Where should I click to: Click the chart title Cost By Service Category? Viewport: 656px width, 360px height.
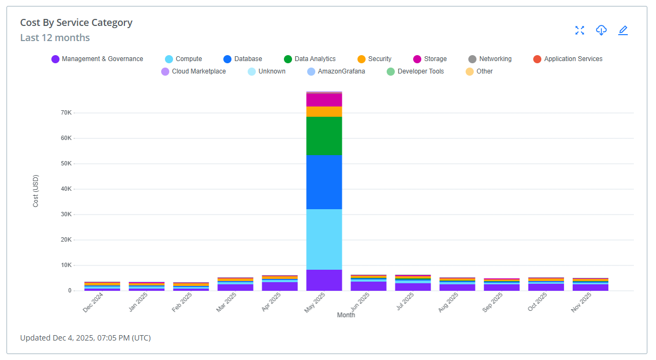[76, 23]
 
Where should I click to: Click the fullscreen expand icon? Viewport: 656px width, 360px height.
[580, 30]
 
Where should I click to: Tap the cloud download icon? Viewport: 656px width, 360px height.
[601, 30]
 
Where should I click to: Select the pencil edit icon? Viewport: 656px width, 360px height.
[623, 30]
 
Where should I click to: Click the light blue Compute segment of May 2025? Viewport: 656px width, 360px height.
[324, 239]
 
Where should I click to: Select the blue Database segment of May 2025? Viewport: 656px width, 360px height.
[324, 182]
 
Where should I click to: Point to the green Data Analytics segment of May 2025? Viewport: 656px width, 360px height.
[324, 136]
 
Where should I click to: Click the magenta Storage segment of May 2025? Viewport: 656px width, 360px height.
[324, 100]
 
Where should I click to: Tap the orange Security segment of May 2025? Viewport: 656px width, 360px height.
[324, 111]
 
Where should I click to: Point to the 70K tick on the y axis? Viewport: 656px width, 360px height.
[66, 113]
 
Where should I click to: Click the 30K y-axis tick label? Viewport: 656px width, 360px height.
[66, 215]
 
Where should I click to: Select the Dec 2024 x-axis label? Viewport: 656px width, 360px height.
[92, 302]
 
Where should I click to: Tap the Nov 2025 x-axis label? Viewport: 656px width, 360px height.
[581, 302]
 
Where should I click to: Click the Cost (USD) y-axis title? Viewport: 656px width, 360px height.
[36, 191]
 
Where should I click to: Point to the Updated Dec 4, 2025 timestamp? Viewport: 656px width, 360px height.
[85, 338]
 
